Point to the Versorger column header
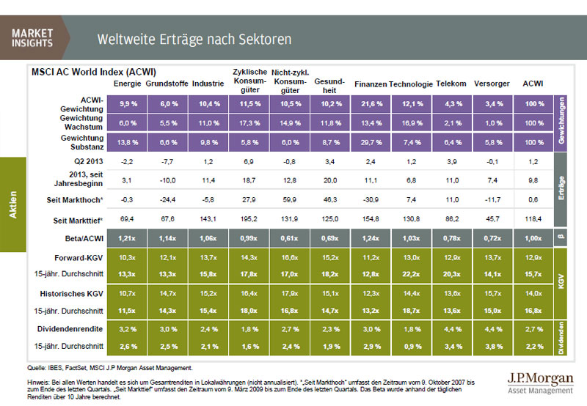(490, 84)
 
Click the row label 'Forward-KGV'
(85, 258)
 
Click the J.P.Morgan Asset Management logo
(537, 382)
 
